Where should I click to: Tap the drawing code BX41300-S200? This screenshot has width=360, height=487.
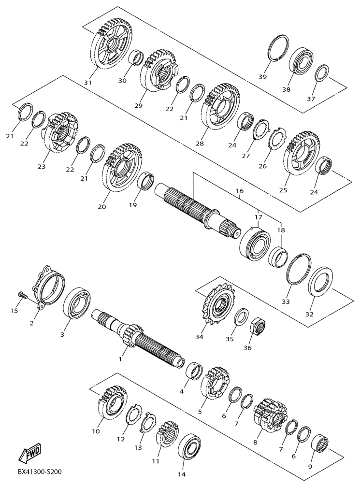(40, 472)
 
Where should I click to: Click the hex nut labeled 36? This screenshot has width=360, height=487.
(259, 326)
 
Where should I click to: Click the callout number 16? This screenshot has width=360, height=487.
(240, 190)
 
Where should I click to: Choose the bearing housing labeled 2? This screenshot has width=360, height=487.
(49, 285)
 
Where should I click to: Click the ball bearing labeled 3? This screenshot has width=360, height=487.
(77, 303)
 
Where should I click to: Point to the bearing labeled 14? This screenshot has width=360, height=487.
(189, 448)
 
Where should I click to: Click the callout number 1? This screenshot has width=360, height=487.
(120, 359)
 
